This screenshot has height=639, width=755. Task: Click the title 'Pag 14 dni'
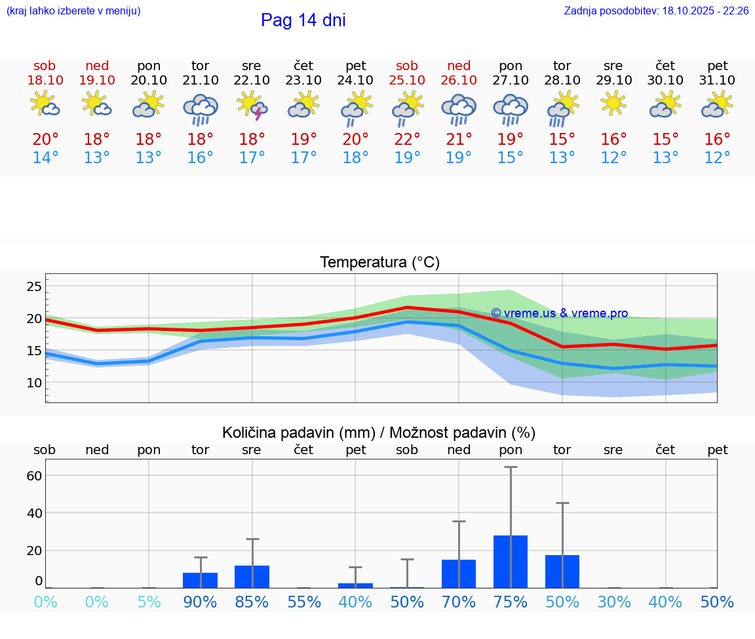click(x=303, y=20)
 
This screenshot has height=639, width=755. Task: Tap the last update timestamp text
click(x=656, y=11)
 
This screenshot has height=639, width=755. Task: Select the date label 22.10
click(x=252, y=81)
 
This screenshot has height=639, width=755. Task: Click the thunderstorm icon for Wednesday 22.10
click(x=252, y=106)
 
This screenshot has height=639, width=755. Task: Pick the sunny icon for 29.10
click(x=613, y=104)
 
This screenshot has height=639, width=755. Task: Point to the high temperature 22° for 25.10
click(x=407, y=140)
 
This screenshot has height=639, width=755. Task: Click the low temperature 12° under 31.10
click(x=717, y=158)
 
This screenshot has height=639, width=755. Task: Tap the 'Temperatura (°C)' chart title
click(x=379, y=263)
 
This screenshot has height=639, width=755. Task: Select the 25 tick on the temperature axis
click(x=34, y=286)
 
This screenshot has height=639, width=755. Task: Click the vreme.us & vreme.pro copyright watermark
click(x=559, y=313)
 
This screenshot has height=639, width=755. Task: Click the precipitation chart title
click(x=379, y=433)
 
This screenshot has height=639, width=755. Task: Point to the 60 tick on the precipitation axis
click(x=34, y=475)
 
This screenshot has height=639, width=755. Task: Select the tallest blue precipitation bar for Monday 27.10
click(x=511, y=562)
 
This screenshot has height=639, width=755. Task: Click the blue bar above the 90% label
click(x=200, y=580)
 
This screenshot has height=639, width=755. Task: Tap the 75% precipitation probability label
click(x=511, y=602)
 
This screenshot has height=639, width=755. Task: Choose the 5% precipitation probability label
click(x=149, y=602)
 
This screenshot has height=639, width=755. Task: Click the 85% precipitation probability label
click(x=252, y=602)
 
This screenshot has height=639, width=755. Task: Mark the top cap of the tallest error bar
click(x=511, y=467)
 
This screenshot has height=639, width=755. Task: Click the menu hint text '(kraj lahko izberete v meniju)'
click(x=73, y=11)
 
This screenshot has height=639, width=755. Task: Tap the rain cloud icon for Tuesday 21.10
click(x=201, y=108)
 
